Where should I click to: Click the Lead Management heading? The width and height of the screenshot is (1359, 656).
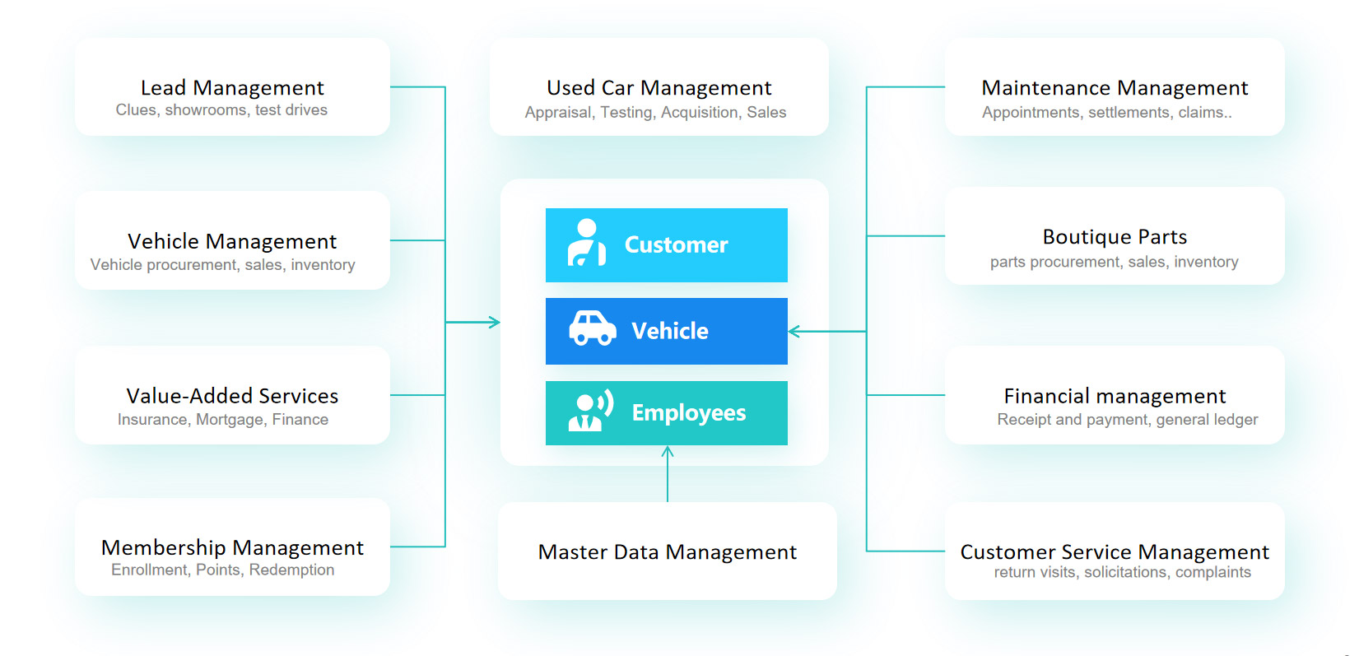(x=232, y=87)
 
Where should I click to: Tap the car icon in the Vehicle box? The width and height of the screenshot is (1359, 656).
(x=592, y=328)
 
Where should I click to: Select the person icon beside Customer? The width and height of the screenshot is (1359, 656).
(x=586, y=243)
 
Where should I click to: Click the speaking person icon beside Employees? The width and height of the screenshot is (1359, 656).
(x=590, y=412)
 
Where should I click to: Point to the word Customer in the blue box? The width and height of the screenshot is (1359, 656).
(x=676, y=244)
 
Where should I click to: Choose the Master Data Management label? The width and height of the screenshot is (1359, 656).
(x=667, y=551)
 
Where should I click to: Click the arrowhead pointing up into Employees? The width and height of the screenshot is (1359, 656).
(x=668, y=451)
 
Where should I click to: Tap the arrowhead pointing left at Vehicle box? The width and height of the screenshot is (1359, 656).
(x=794, y=332)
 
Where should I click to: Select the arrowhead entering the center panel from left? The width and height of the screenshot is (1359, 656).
(x=495, y=322)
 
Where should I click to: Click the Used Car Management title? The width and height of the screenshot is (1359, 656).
(x=659, y=87)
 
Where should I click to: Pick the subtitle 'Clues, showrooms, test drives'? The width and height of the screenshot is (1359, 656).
(x=221, y=110)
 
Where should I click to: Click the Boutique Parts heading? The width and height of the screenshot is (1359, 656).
(x=1115, y=237)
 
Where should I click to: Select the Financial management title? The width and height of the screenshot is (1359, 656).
(x=1115, y=396)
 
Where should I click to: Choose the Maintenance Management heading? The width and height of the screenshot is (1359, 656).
(x=1115, y=87)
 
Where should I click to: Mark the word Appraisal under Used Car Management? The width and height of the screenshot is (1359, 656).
(x=557, y=113)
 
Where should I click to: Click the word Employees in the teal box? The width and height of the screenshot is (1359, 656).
(x=688, y=412)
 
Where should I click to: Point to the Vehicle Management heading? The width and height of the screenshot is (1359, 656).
(x=232, y=241)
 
